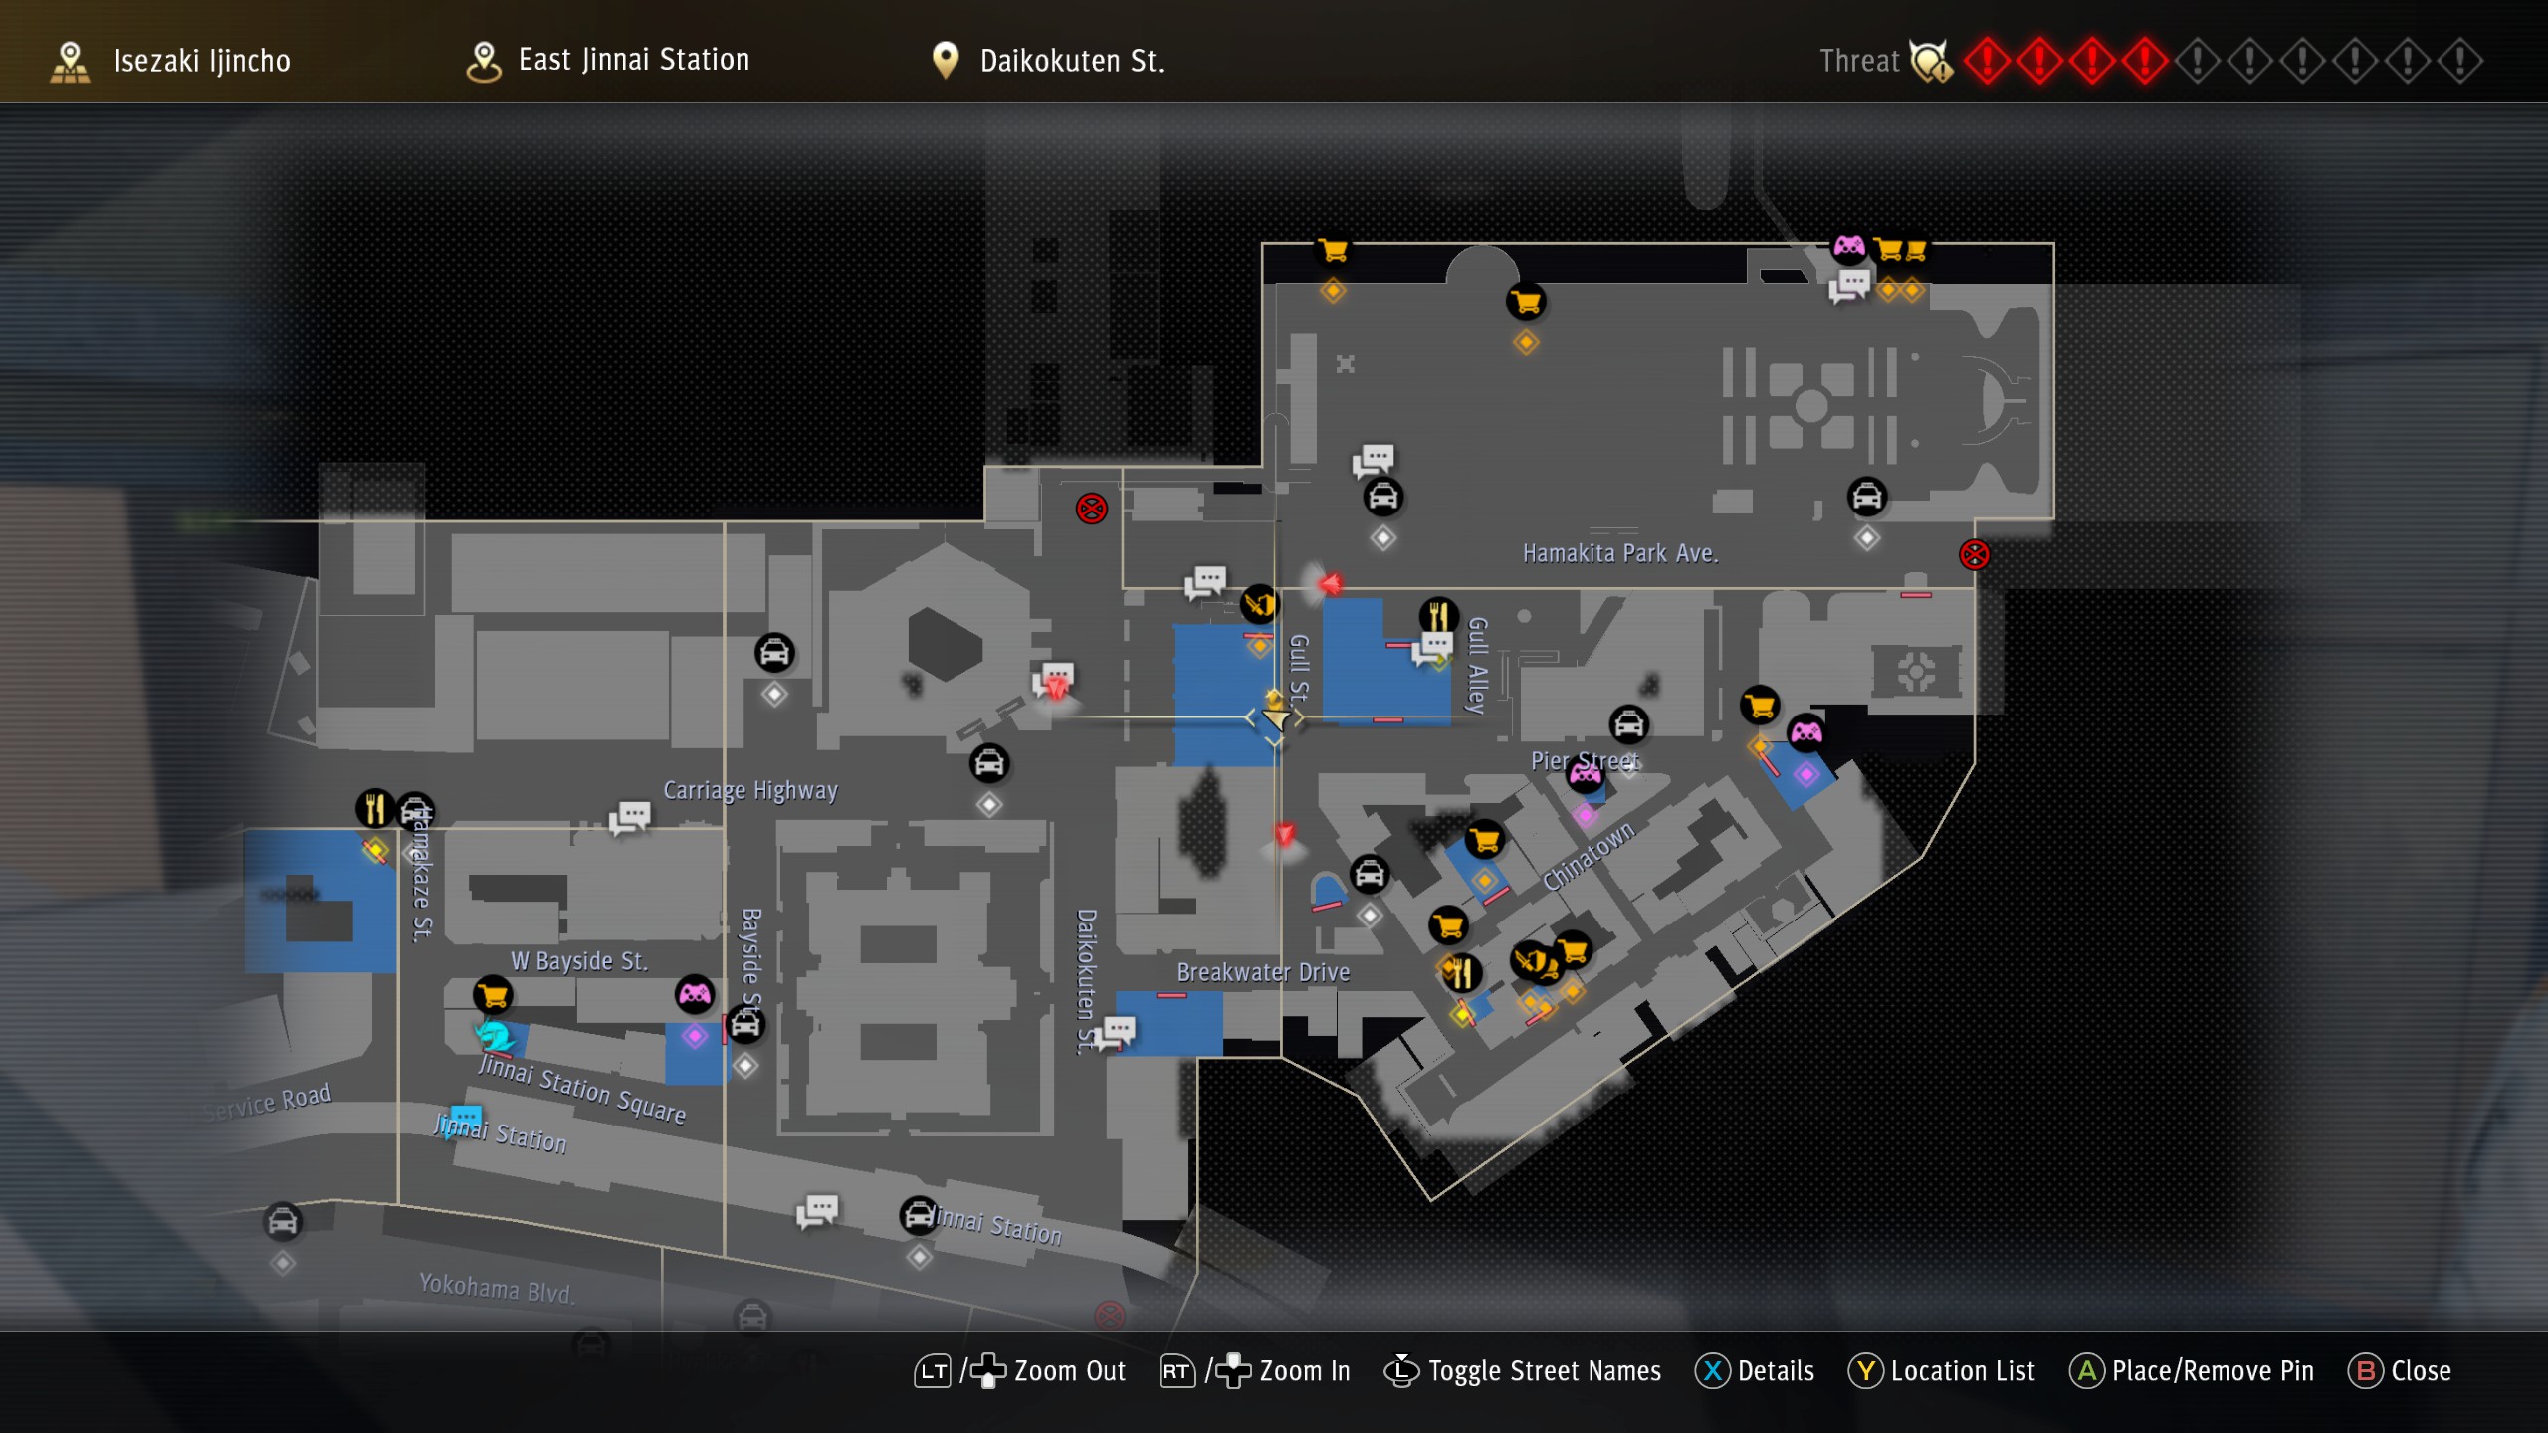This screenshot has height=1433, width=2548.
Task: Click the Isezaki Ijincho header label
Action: pyautogui.click(x=201, y=61)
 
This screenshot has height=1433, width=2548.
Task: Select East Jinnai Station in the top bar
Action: pyautogui.click(x=633, y=60)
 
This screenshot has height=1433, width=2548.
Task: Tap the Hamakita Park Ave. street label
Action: pyautogui.click(x=1620, y=553)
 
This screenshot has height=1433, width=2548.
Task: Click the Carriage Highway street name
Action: pyautogui.click(x=750, y=790)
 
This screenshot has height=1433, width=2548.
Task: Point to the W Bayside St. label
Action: pyautogui.click(x=578, y=961)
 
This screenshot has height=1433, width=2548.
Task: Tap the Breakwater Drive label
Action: pyautogui.click(x=1263, y=972)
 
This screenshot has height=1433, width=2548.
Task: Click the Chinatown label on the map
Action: pyautogui.click(x=1588, y=856)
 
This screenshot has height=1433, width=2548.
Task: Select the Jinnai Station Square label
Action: pyautogui.click(x=581, y=1089)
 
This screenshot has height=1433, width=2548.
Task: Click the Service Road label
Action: pyautogui.click(x=267, y=1102)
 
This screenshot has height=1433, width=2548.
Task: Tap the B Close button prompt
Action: pyautogui.click(x=2400, y=1371)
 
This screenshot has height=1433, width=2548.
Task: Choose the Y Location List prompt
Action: pyautogui.click(x=1942, y=1371)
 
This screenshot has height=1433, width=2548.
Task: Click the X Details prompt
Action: pyautogui.click(x=1755, y=1371)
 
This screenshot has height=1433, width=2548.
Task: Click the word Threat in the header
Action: pyautogui.click(x=1859, y=61)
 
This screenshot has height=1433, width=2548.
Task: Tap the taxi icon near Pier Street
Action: pyautogui.click(x=1629, y=724)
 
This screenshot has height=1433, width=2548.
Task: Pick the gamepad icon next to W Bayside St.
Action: pyautogui.click(x=695, y=993)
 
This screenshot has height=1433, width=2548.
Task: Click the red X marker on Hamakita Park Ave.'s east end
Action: pyautogui.click(x=1974, y=554)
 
